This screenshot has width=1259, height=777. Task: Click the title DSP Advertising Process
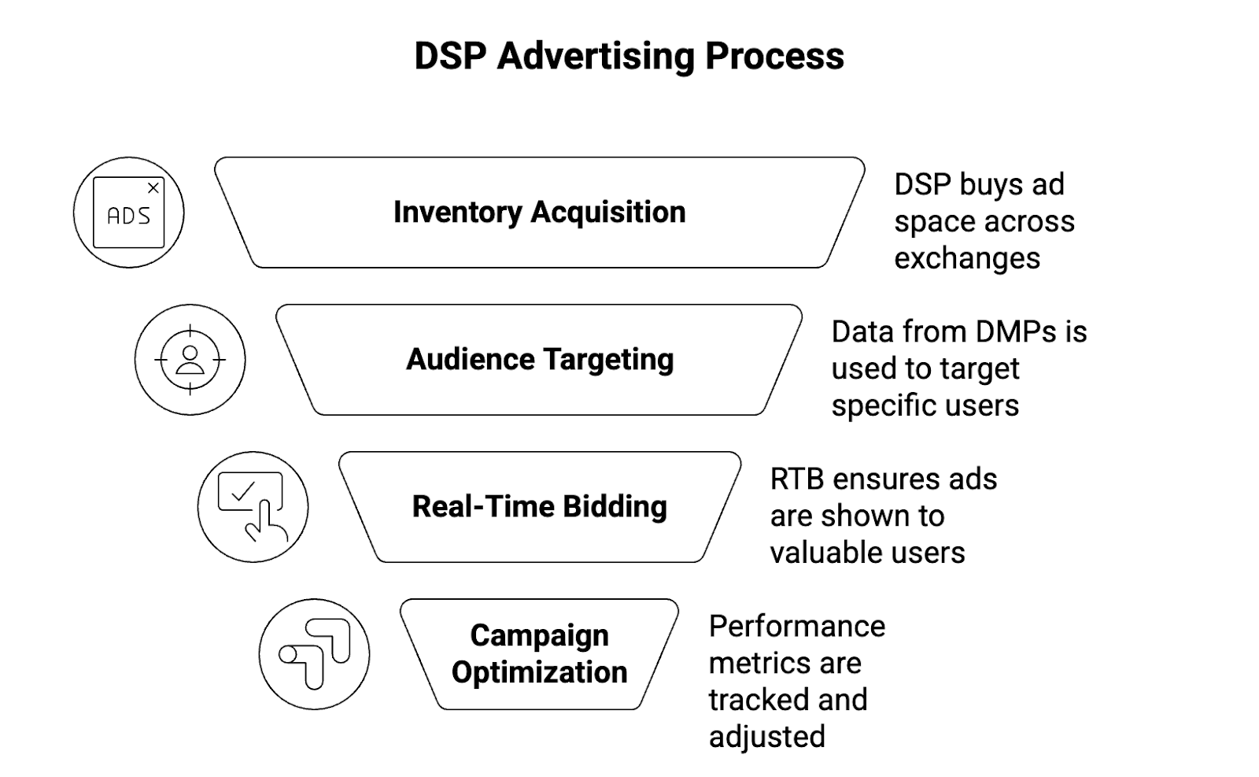tap(629, 57)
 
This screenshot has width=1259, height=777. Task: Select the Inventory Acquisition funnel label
tap(539, 213)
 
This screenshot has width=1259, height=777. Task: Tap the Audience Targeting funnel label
tap(539, 360)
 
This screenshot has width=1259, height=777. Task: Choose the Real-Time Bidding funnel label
tap(539, 507)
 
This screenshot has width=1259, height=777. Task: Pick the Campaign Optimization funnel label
tap(539, 654)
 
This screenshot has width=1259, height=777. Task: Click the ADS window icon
tap(128, 213)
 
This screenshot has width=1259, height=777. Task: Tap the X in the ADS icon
tap(153, 188)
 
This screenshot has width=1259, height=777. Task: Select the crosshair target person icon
tap(190, 360)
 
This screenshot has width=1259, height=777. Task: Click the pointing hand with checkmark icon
tap(253, 507)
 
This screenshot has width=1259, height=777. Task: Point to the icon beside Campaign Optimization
tap(314, 654)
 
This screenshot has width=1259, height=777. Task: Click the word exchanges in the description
tap(967, 258)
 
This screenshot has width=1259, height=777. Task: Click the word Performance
tap(796, 627)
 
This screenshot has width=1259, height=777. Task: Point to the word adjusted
tap(766, 738)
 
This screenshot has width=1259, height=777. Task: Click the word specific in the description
tap(875, 406)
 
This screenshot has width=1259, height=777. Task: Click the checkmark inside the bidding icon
tap(243, 491)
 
